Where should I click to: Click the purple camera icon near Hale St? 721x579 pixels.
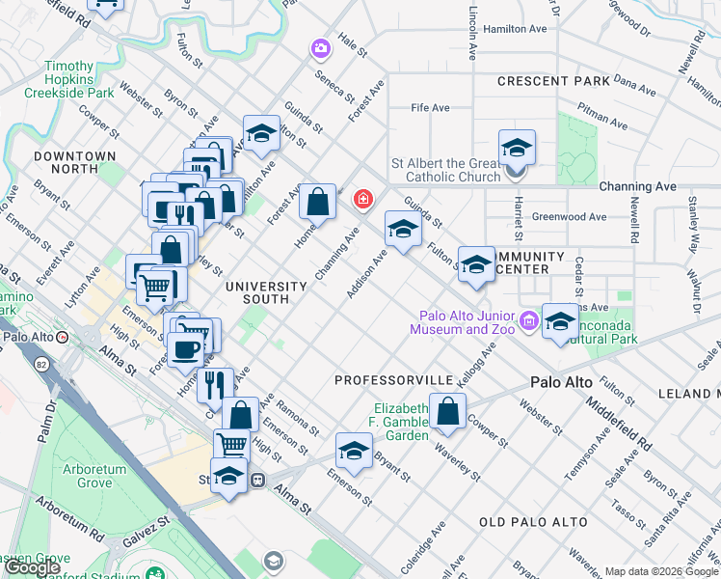click(319, 47)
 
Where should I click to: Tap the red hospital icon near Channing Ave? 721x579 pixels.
click(363, 200)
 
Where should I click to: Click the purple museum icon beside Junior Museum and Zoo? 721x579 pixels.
click(528, 320)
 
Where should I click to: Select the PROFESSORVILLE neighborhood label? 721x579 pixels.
click(392, 380)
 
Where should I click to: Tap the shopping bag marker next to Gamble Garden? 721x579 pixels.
click(447, 412)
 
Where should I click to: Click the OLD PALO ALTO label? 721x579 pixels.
click(533, 522)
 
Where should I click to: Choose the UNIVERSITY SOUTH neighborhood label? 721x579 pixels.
click(266, 292)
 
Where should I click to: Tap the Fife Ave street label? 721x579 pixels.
click(431, 108)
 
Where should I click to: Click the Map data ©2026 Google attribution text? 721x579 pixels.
click(661, 571)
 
